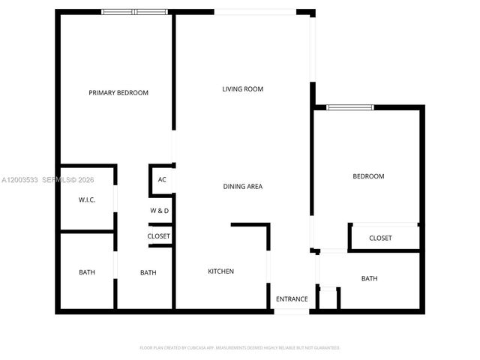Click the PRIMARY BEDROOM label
tap(118, 93)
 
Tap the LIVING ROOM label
tap(242, 89)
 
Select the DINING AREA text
tap(242, 186)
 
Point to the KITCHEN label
tap(220, 271)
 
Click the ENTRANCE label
tap(292, 299)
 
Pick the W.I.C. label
tap(86, 200)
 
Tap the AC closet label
tap(162, 180)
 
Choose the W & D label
tap(160, 211)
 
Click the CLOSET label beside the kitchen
tap(159, 236)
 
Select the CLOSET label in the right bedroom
tap(380, 238)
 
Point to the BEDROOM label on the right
tap(368, 176)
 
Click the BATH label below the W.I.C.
tap(87, 272)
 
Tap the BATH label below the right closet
tap(369, 279)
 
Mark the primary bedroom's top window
tap(136, 12)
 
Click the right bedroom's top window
tap(349, 108)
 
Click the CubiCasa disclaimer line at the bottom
tap(240, 348)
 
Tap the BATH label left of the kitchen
tap(148, 272)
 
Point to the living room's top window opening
tap(255, 12)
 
